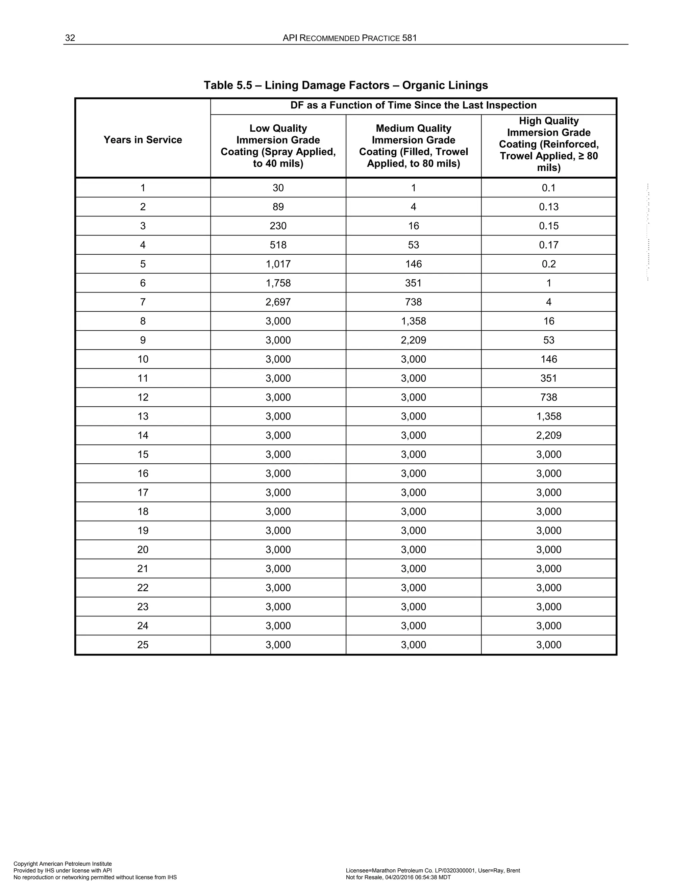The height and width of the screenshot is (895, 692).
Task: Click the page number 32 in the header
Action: pyautogui.click(x=70, y=38)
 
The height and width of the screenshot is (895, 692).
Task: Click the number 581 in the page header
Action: pyautogui.click(x=409, y=38)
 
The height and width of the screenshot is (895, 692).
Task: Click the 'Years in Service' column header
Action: pyautogui.click(x=143, y=140)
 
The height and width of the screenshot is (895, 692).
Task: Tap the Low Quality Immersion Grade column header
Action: pyautogui.click(x=278, y=146)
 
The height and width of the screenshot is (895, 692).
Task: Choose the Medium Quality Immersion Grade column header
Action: pyautogui.click(x=413, y=146)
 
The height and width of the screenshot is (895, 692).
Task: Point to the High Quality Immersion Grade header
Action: pyautogui.click(x=548, y=144)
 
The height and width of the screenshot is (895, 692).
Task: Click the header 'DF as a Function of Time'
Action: pyautogui.click(x=413, y=105)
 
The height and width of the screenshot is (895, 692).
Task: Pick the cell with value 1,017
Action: pyautogui.click(x=278, y=264)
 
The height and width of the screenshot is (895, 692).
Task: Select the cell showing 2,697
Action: pyautogui.click(x=278, y=302)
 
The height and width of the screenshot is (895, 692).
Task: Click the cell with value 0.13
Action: pyautogui.click(x=548, y=207)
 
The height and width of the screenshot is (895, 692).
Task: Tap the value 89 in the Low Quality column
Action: pyautogui.click(x=278, y=207)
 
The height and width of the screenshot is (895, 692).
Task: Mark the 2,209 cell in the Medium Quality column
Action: pyautogui.click(x=413, y=340)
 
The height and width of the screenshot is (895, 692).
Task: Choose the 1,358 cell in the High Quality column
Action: pyautogui.click(x=548, y=416)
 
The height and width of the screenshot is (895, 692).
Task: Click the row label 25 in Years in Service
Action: pyautogui.click(x=143, y=645)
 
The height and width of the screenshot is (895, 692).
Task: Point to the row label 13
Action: pyautogui.click(x=143, y=416)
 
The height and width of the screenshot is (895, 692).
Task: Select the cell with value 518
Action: pyautogui.click(x=278, y=245)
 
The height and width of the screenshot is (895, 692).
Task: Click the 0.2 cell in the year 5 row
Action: pyautogui.click(x=548, y=264)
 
